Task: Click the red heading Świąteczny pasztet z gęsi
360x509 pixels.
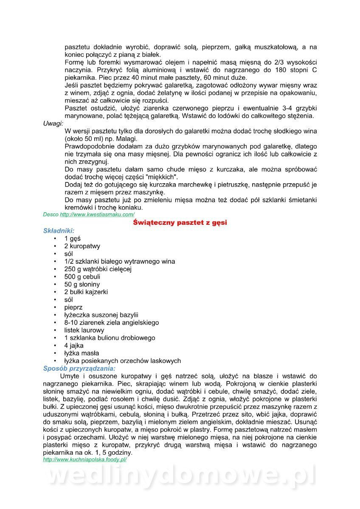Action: pos(180,222)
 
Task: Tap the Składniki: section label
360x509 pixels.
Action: pos(59,231)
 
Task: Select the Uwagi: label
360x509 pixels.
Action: pos(53,123)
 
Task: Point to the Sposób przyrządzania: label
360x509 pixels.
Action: pos(79,368)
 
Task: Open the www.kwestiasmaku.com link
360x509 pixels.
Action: pos(97,215)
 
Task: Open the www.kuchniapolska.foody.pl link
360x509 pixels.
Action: pos(85,459)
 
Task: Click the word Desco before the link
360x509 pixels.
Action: pos(51,215)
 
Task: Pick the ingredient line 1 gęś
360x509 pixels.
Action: pos(72,238)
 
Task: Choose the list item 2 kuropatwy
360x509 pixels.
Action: pos(82,246)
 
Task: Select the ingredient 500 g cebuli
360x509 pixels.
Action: pos(82,277)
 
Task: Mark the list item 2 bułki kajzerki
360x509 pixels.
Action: pos(86,292)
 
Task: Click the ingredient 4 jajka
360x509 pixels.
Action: pos(74,345)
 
